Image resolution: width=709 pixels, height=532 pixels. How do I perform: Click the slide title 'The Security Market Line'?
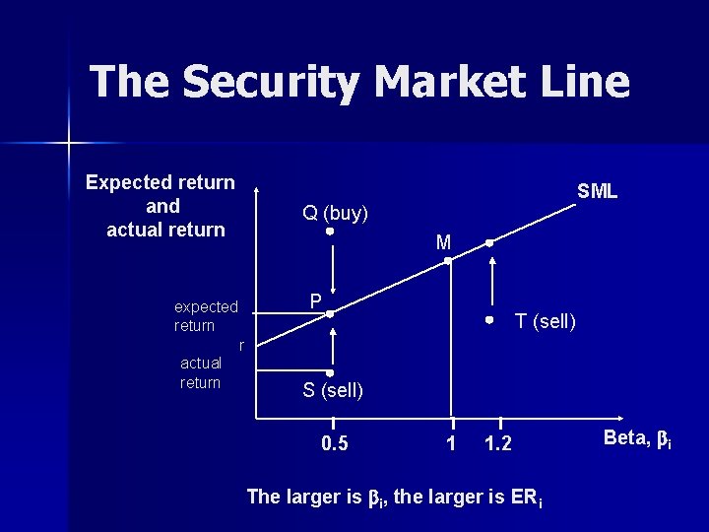(x=359, y=81)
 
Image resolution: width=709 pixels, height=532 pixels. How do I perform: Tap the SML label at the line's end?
(x=597, y=191)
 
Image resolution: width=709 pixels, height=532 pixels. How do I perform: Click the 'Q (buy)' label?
(x=335, y=212)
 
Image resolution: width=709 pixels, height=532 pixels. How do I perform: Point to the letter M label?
(x=443, y=242)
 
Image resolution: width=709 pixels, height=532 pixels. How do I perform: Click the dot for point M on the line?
(x=447, y=261)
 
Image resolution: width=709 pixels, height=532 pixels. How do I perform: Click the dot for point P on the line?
(x=331, y=313)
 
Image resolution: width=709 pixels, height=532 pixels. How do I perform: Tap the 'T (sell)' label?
(x=546, y=321)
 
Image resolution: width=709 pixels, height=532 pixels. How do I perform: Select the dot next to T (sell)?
(x=489, y=321)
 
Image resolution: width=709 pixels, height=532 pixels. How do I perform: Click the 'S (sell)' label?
(x=333, y=391)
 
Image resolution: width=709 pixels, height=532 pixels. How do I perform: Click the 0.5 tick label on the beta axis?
(x=335, y=443)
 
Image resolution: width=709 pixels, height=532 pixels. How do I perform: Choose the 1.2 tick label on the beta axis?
(x=498, y=443)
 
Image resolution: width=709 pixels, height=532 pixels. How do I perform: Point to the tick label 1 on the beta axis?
(x=451, y=443)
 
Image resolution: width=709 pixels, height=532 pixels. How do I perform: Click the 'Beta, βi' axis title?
(x=637, y=439)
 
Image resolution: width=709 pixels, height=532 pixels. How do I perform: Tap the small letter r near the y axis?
(x=241, y=345)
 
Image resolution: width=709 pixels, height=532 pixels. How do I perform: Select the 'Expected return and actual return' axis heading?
(x=161, y=206)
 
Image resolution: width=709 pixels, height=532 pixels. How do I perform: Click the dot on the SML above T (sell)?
(x=489, y=242)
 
